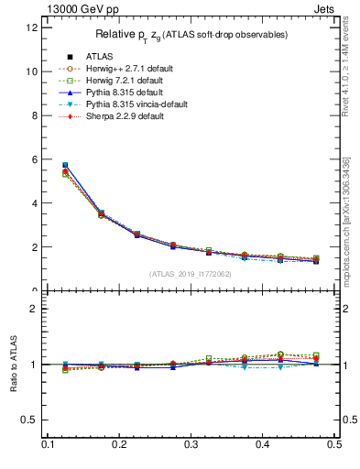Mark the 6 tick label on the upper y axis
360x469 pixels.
34,159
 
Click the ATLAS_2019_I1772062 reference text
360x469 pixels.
190,274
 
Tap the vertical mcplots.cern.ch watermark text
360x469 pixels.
345,220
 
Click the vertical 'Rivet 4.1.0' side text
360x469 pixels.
345,69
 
